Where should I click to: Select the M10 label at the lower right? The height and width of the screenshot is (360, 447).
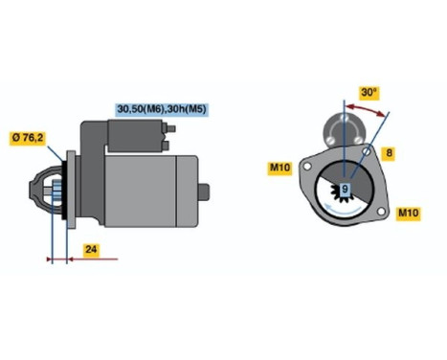click(407, 212)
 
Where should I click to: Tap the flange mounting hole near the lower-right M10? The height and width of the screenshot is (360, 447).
click(380, 209)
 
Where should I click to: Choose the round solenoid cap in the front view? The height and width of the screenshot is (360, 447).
click(343, 125)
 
